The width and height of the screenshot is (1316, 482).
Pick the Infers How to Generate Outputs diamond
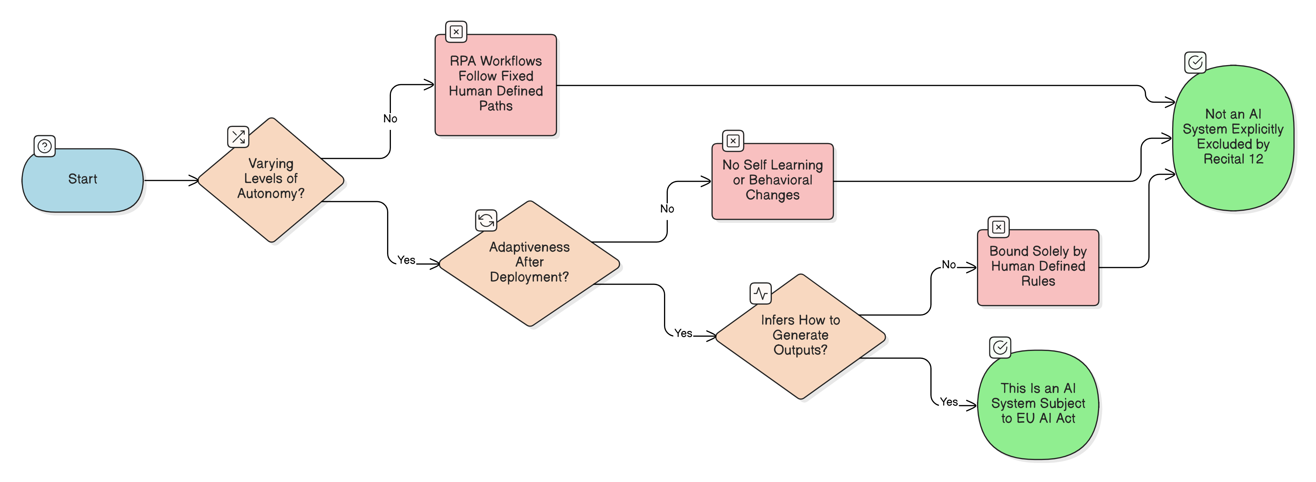[x=800, y=336]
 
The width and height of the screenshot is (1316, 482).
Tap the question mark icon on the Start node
[x=45, y=146]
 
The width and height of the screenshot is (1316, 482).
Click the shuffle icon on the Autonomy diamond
[x=238, y=136]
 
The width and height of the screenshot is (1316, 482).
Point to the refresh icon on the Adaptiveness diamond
[x=486, y=220]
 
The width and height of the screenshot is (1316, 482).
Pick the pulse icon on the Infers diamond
[x=760, y=293]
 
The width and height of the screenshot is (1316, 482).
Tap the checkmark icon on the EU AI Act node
[x=1000, y=347]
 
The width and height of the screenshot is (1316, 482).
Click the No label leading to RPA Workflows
[x=390, y=118]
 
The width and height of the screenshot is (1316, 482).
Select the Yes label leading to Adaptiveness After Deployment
[x=406, y=260]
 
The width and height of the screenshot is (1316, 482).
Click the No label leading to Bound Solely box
[x=949, y=265]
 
